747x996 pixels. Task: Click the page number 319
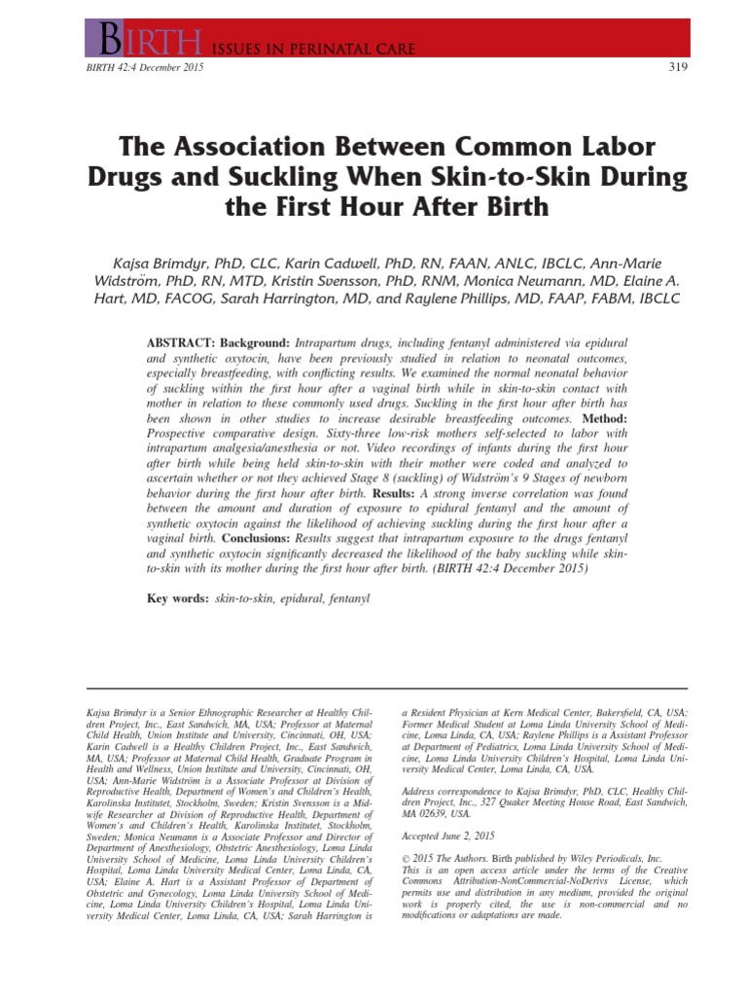[679, 66]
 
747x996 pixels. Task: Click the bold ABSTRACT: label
[179, 345]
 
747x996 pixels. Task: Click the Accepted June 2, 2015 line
[448, 836]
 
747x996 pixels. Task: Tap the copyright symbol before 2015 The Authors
[406, 860]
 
